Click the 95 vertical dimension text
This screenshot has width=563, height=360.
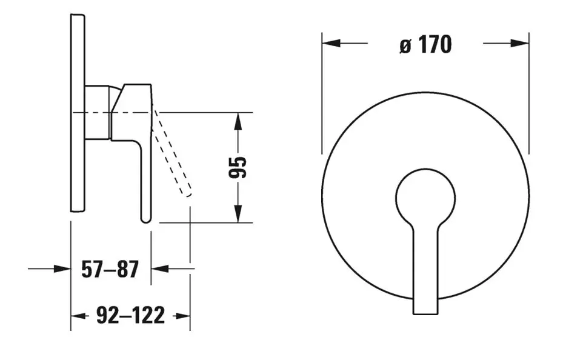238,168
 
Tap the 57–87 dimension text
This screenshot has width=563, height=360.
110,270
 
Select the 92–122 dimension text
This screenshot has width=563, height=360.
131,316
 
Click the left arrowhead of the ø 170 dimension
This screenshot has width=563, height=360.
331,44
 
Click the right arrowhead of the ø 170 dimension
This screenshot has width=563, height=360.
520,44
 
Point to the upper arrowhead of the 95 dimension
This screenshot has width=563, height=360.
238,121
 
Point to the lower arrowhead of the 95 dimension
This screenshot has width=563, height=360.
238,214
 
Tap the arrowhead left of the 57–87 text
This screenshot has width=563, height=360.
62,268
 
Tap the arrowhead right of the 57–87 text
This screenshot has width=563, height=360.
160,268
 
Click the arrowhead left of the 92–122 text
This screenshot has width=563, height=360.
79,316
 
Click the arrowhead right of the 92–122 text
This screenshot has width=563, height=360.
181,316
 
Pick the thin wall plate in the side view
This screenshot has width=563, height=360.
78,113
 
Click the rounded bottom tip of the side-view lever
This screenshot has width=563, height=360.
146,219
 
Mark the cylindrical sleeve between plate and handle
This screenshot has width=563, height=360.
97,112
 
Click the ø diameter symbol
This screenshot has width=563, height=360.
405,46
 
